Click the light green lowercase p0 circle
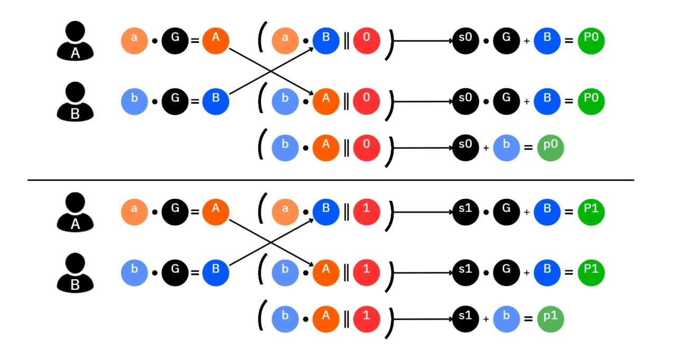point(551,148)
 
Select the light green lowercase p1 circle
point(551,319)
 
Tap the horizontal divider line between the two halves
point(331,180)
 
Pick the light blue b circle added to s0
point(507,148)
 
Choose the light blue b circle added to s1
point(507,319)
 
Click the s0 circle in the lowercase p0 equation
point(465,148)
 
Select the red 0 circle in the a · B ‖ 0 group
point(367,41)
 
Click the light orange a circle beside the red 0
point(286,41)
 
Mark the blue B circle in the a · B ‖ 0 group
point(326,41)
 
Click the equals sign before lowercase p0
point(528,148)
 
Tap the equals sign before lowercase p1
point(528,319)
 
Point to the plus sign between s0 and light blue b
point(486,149)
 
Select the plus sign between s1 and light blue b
point(486,320)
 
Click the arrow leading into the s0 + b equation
point(423,148)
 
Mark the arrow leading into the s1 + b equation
point(423,319)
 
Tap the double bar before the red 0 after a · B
point(346,41)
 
